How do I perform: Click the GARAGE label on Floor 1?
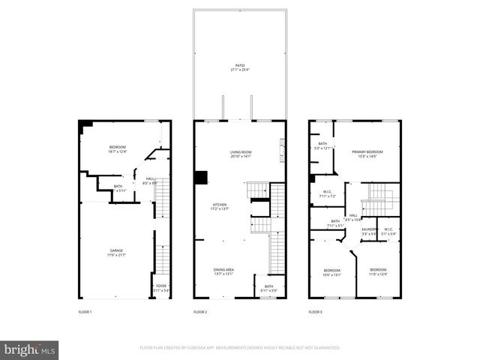[117, 250]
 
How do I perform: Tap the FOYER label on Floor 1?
[161, 286]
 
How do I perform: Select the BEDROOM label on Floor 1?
[117, 146]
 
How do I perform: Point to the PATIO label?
[240, 65]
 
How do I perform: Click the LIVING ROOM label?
[240, 151]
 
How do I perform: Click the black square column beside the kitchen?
[200, 178]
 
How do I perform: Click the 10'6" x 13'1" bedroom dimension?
[332, 274]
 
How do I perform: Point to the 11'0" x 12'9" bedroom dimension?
[377, 274]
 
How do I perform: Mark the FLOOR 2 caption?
[200, 311]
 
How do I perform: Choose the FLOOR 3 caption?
[316, 311]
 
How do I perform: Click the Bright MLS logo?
[30, 349]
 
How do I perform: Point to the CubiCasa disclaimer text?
[239, 347]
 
